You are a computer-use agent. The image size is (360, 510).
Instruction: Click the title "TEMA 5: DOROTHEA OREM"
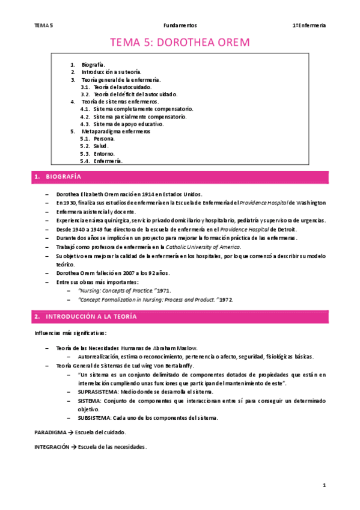[x=179, y=43]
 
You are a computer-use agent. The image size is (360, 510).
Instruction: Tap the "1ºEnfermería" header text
[x=309, y=25]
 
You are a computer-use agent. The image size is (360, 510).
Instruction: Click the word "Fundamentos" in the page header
[x=180, y=25]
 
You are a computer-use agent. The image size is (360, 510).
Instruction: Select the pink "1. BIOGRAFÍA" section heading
[x=57, y=177]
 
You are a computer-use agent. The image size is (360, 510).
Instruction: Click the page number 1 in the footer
[x=323, y=485]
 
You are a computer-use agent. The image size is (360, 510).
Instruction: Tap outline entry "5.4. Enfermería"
[x=102, y=161]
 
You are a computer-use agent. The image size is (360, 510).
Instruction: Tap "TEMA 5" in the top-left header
[x=44, y=25]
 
